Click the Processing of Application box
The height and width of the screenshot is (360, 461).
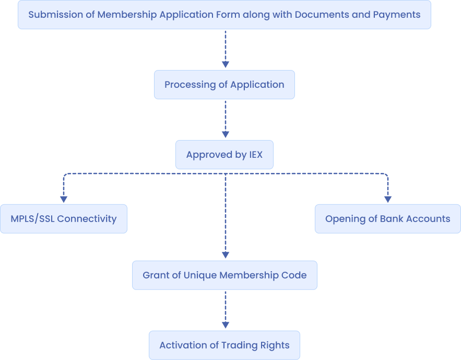click(224, 85)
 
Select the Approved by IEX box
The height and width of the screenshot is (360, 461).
click(224, 155)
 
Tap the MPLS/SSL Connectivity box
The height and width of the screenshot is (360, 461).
click(63, 218)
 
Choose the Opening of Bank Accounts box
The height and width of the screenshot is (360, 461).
click(387, 218)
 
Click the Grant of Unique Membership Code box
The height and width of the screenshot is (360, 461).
click(224, 275)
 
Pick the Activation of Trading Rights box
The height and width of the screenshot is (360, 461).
click(224, 345)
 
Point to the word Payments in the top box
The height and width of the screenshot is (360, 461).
click(396, 15)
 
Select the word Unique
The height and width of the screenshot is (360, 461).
click(200, 275)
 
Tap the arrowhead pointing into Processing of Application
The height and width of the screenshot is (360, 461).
click(225, 64)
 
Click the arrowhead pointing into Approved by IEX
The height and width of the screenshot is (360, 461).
click(225, 134)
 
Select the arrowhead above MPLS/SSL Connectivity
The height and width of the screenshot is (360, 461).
click(64, 199)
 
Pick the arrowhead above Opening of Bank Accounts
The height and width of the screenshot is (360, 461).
click(387, 199)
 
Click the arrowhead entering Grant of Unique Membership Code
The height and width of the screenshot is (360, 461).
click(225, 255)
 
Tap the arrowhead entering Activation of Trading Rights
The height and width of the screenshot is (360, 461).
click(225, 325)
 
